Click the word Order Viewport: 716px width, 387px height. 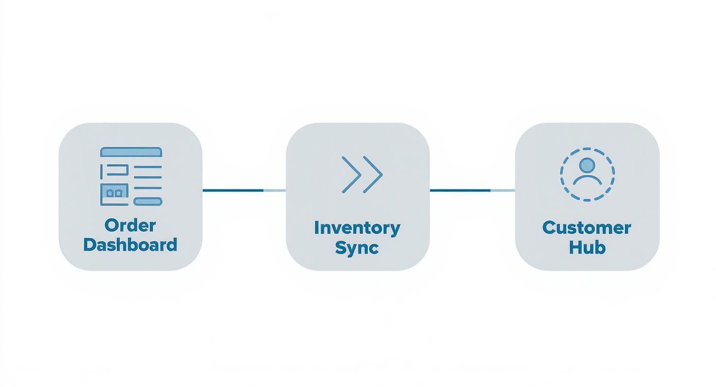(x=130, y=225)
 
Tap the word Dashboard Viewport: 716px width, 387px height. (x=130, y=244)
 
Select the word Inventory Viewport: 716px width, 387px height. (x=357, y=228)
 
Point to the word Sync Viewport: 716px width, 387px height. (x=356, y=248)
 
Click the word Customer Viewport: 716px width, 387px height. (x=586, y=228)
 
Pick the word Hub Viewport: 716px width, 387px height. (x=587, y=248)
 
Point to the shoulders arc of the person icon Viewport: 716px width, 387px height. (x=587, y=180)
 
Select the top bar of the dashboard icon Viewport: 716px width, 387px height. (x=131, y=152)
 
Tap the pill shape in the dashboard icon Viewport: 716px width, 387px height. (x=148, y=201)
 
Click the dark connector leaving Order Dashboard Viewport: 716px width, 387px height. (x=232, y=190)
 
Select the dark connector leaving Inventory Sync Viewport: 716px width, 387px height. (x=460, y=190)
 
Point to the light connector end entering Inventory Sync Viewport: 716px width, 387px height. (x=275, y=190)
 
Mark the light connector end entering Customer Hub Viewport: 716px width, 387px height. (x=503, y=190)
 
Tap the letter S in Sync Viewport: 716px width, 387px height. (x=341, y=248)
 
